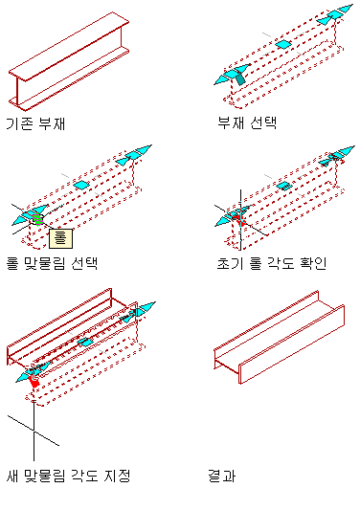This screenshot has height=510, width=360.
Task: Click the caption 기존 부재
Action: [35, 123]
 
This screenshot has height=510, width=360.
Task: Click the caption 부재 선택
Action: [247, 122]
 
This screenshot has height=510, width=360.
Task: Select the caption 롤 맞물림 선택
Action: [52, 263]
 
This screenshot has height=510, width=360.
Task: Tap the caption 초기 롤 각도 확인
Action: [272, 263]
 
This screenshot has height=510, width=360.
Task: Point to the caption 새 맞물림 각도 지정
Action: [68, 476]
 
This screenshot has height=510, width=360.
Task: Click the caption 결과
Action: [222, 476]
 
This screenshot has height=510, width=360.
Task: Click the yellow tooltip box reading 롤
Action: [61, 238]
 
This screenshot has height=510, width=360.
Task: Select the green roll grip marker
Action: [37, 219]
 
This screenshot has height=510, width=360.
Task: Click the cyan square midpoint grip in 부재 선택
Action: [283, 44]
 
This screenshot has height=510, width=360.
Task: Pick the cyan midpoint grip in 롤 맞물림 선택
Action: [81, 185]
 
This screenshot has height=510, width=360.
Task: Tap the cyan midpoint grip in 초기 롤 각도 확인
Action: [284, 186]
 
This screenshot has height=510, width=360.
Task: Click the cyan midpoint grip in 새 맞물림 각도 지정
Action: [85, 343]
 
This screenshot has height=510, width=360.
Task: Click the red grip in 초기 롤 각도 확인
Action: [240, 219]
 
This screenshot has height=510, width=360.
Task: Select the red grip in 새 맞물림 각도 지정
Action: [34, 380]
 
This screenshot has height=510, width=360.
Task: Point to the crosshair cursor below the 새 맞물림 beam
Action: [34, 430]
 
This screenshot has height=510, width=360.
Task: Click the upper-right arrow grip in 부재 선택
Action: [335, 14]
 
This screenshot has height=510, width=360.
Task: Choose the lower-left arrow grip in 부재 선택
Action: [233, 75]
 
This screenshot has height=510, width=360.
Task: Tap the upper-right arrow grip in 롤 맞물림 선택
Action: [134, 155]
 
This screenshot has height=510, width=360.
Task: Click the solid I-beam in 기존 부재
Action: [69, 61]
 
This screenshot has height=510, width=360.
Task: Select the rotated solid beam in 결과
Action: [280, 337]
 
